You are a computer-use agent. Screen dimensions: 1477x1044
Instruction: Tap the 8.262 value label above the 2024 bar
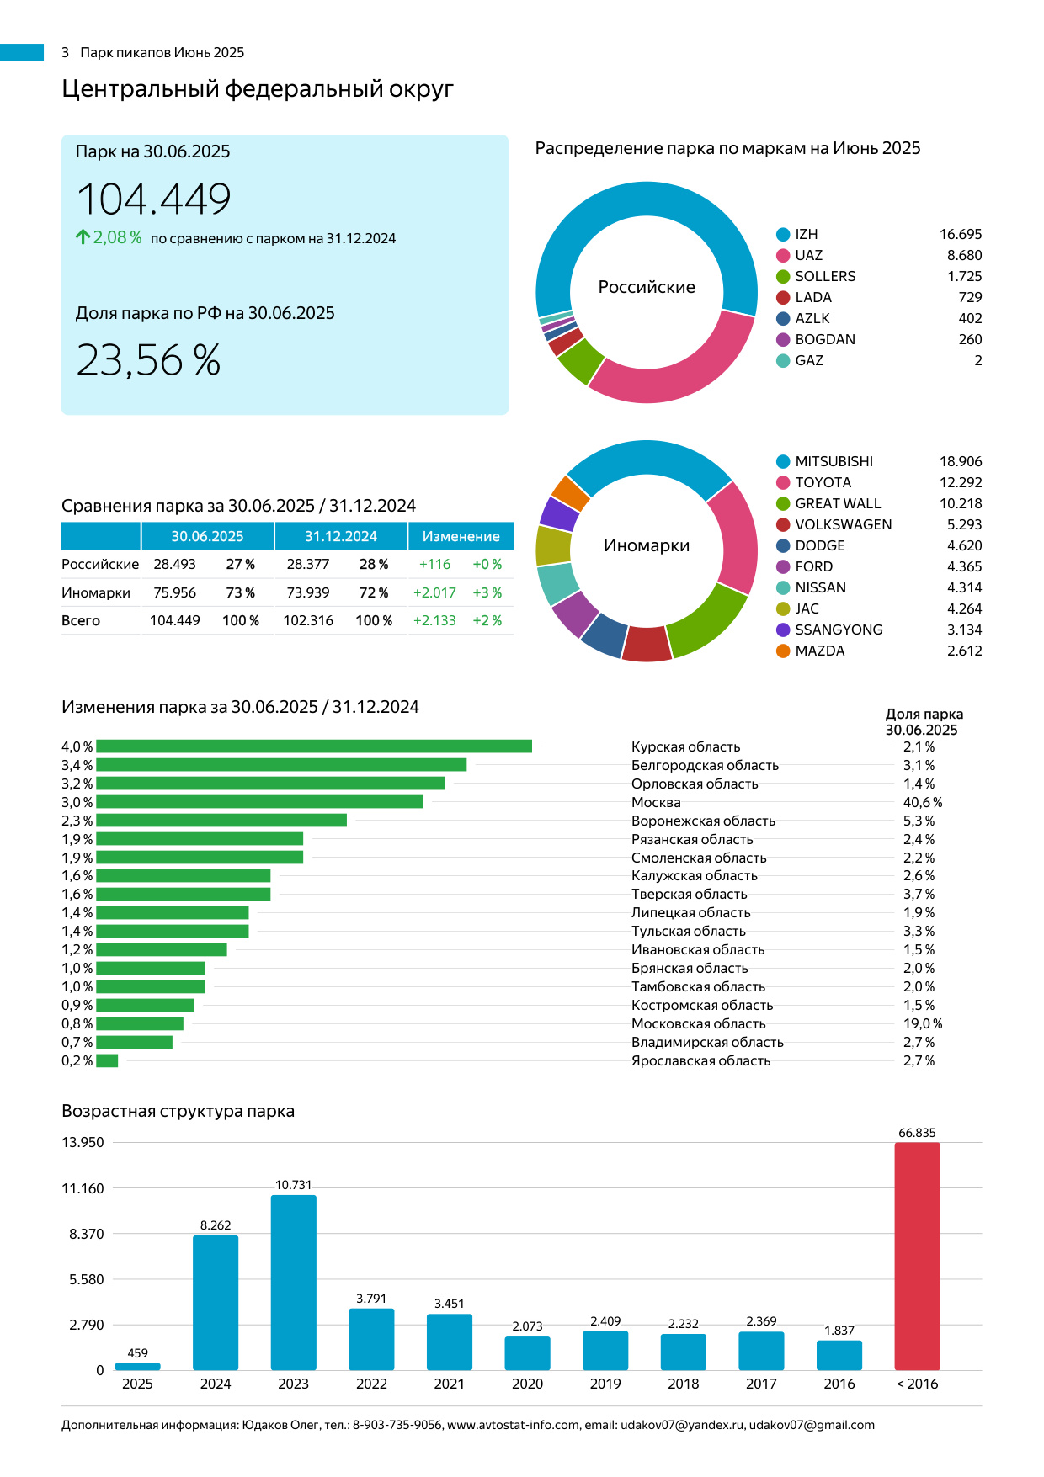tap(216, 1225)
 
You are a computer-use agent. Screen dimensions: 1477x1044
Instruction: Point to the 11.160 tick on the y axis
tap(83, 1188)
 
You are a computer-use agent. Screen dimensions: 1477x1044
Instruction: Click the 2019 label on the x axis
tap(605, 1384)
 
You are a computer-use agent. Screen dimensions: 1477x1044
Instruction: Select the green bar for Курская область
tap(313, 746)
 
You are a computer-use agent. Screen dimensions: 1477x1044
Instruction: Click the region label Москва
tap(656, 802)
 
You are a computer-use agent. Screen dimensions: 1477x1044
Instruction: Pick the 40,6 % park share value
tap(922, 802)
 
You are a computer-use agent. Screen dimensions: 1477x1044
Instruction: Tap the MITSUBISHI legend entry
tap(834, 461)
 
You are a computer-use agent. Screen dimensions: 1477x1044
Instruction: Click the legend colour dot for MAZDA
tap(783, 651)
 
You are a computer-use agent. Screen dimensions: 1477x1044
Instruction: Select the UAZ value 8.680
tap(964, 255)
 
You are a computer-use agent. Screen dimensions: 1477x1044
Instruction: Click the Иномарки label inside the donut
tap(647, 545)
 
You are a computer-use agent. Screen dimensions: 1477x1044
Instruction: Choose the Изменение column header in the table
tap(461, 536)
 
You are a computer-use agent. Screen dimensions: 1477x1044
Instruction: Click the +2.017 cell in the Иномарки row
tap(434, 592)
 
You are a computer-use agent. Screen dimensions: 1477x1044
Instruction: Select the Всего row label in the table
tap(81, 620)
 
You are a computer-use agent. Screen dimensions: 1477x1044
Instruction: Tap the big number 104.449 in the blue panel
tap(154, 199)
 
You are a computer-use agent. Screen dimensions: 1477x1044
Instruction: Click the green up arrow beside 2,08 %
tap(83, 237)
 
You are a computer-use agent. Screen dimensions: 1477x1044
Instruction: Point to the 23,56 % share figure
tap(148, 360)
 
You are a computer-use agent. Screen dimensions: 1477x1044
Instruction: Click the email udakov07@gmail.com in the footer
tap(812, 1425)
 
